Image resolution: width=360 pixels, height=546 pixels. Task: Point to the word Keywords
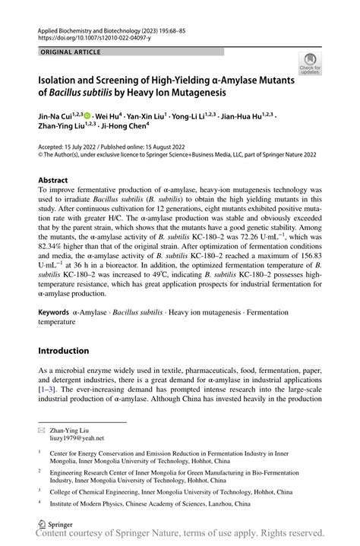pos(54,312)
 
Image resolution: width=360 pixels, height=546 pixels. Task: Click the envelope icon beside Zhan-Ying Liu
pos(42,430)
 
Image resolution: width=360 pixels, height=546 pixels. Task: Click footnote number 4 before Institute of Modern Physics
pos(39,503)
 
